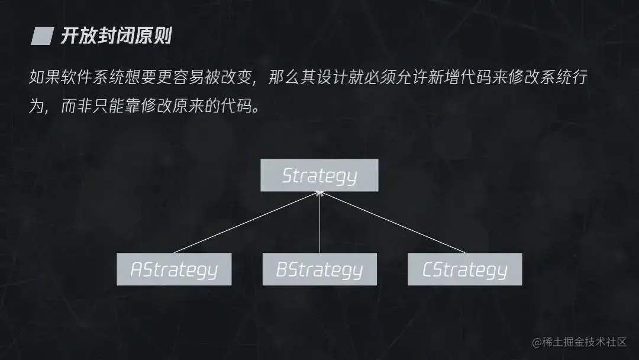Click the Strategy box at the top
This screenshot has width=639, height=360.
click(x=319, y=175)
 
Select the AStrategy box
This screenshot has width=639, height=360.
click(x=174, y=269)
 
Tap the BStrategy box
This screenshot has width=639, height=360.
click(x=319, y=269)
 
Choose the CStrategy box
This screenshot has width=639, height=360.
click(x=465, y=269)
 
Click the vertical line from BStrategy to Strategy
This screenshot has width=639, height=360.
click(x=319, y=225)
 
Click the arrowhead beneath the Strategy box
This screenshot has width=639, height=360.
click(x=319, y=194)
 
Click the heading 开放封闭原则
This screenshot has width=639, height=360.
click(x=116, y=37)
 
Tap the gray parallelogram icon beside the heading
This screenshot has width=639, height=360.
click(x=42, y=37)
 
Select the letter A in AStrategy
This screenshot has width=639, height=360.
click(x=136, y=271)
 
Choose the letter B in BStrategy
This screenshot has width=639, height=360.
click(x=282, y=271)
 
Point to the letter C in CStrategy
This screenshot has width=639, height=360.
click(x=428, y=271)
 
